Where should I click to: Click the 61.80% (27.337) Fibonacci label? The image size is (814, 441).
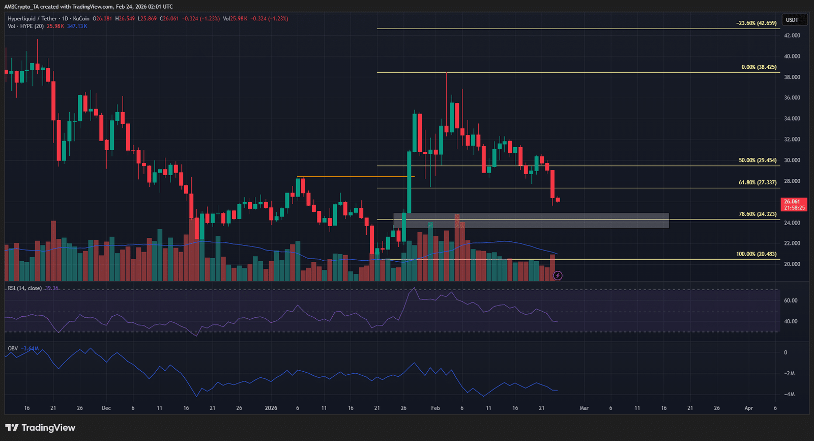[758, 182]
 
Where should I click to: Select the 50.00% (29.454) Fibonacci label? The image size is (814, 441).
[758, 160]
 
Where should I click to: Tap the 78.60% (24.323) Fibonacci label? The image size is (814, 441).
[758, 214]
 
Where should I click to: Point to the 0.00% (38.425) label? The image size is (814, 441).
[759, 67]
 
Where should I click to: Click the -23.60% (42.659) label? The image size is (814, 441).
[757, 23]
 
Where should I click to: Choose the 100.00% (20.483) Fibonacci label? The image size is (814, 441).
[757, 254]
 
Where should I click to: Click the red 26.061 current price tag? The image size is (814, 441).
[794, 204]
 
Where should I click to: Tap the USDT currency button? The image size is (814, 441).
[792, 20]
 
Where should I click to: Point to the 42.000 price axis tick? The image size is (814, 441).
[792, 36]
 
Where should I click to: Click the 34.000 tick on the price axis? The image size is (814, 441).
[792, 119]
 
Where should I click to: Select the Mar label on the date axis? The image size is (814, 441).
[584, 408]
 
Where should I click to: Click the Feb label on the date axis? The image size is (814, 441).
[435, 408]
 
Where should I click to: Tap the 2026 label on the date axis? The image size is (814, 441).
[271, 408]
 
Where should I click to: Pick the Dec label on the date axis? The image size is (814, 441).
[106, 408]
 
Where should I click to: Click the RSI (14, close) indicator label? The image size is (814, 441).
[25, 288]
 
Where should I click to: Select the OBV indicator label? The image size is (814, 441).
[13, 349]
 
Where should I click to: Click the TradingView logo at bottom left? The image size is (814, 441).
[40, 428]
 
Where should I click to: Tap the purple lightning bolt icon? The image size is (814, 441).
[558, 275]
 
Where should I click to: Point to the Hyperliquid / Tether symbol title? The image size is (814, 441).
[33, 19]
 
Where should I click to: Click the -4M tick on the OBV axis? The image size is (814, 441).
[789, 395]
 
